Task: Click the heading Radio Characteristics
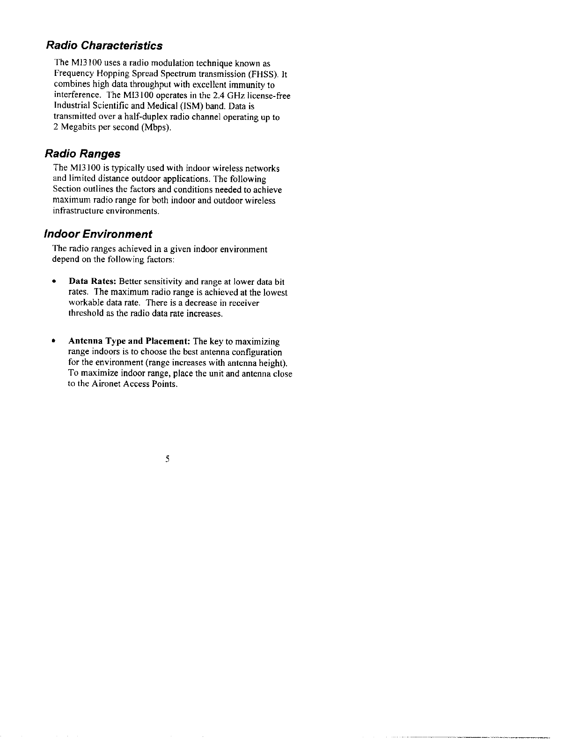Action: click(x=104, y=45)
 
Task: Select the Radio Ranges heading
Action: click(x=82, y=154)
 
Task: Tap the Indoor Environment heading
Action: click(x=98, y=234)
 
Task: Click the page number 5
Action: click(x=167, y=459)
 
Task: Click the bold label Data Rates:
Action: click(x=93, y=282)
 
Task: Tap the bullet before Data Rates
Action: click(x=55, y=282)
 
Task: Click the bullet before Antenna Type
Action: click(x=55, y=341)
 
